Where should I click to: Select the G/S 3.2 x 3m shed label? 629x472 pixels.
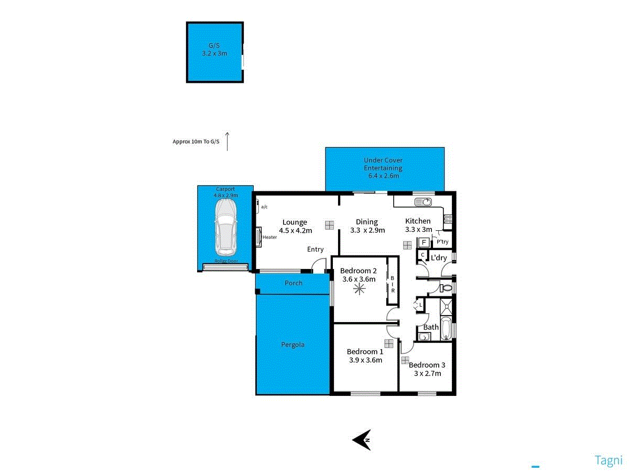[x=214, y=50]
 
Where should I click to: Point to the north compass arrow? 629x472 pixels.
[x=362, y=439]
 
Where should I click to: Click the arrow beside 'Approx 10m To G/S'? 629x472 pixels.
[x=227, y=142]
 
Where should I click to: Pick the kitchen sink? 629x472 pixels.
[x=423, y=202]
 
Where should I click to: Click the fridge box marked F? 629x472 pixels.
[x=424, y=242]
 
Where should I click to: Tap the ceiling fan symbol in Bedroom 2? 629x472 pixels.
[x=359, y=289]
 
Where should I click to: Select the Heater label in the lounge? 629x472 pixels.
[x=270, y=237]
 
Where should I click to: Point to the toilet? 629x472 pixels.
[x=446, y=287]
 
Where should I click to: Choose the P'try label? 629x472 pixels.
[x=442, y=242]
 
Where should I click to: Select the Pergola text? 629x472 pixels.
[x=292, y=345]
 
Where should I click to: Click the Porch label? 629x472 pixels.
[x=294, y=283]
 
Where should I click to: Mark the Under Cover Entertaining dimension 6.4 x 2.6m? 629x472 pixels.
[x=384, y=176]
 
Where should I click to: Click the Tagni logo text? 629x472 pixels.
[x=608, y=460]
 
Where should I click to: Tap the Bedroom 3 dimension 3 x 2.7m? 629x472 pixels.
[x=427, y=373]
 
